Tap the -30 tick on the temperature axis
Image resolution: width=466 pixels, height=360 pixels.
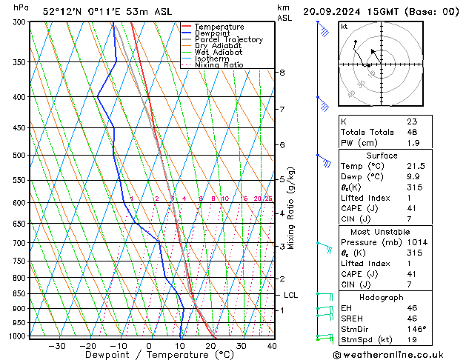coord(57,346)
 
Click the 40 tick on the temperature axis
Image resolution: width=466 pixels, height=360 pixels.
coord(272,346)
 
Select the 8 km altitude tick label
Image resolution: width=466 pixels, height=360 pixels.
coord(282,73)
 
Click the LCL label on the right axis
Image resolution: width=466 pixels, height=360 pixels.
coord(291,295)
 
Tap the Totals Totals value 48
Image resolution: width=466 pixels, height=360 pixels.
coord(412,132)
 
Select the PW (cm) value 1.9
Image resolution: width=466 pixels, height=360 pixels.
coord(413,143)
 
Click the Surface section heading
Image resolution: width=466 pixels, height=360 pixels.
coord(382,156)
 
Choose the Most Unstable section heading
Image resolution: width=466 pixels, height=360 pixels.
coord(382,231)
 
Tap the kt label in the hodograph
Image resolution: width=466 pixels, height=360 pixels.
coord(344,27)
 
